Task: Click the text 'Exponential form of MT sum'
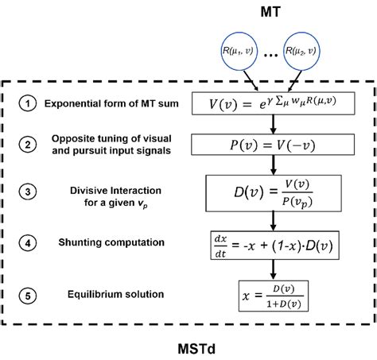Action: click(116, 104)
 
